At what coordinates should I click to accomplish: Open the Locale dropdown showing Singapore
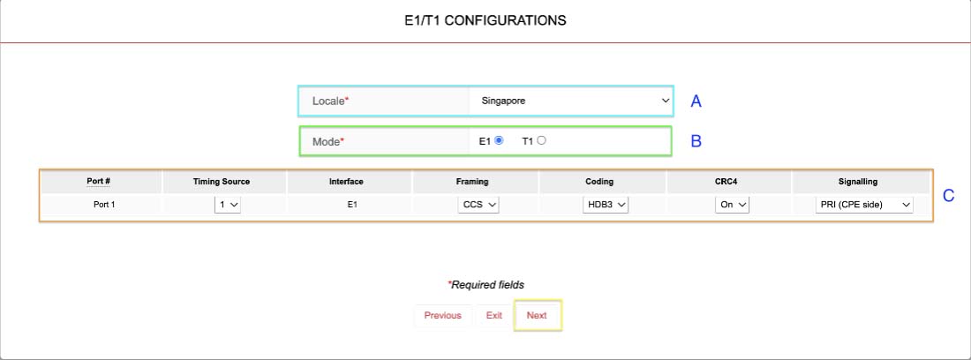point(569,101)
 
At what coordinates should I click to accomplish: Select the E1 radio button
point(499,140)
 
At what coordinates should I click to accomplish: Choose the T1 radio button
point(542,140)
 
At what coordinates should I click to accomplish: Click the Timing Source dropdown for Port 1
point(227,204)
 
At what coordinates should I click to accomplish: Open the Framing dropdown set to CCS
point(478,204)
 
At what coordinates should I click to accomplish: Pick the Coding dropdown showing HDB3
point(606,204)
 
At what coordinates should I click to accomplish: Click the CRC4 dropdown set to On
point(732,204)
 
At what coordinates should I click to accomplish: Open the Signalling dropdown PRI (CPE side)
point(864,204)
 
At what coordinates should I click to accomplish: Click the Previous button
point(443,316)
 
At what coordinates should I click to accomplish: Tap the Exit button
point(494,316)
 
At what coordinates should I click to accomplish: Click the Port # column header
point(99,182)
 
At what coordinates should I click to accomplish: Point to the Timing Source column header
point(222,182)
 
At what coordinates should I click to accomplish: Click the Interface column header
point(346,182)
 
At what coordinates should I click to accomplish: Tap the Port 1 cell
point(104,204)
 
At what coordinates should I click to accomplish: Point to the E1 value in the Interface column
point(351,204)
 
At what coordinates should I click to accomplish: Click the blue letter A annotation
point(696,101)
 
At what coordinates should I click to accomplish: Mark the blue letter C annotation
point(949,196)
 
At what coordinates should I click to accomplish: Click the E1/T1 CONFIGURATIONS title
point(485,20)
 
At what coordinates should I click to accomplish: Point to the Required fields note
point(486,285)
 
